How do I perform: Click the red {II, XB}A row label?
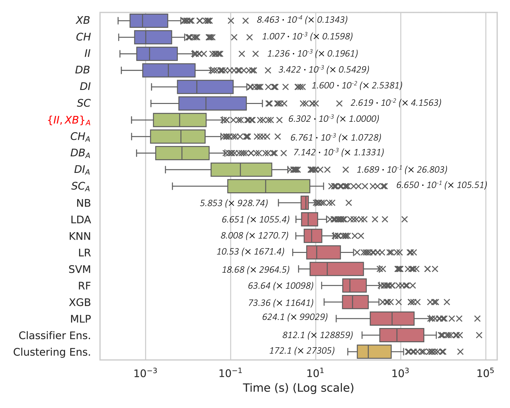pyautogui.click(x=69, y=120)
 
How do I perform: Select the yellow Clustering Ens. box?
pyautogui.click(x=374, y=352)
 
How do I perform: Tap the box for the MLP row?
pyautogui.click(x=392, y=319)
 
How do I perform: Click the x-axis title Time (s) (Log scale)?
pyautogui.click(x=298, y=388)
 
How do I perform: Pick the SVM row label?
pyautogui.click(x=80, y=269)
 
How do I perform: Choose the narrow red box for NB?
pyautogui.click(x=304, y=203)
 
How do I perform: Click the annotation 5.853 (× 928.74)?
pyautogui.click(x=234, y=203)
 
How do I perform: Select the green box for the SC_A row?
pyautogui.click(x=269, y=186)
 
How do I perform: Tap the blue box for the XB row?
pyautogui.click(x=149, y=21)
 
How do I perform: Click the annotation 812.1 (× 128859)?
pyautogui.click(x=318, y=335)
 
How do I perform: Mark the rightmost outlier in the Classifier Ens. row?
pyautogui.click(x=479, y=335)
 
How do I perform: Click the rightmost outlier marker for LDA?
pyautogui.click(x=404, y=220)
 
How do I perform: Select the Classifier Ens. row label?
pyautogui.click(x=55, y=335)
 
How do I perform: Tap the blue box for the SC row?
pyautogui.click(x=212, y=103)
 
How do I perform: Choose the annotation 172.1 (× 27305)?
pyautogui.click(x=302, y=351)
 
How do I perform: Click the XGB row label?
pyautogui.click(x=80, y=302)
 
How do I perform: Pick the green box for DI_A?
pyautogui.click(x=241, y=170)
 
